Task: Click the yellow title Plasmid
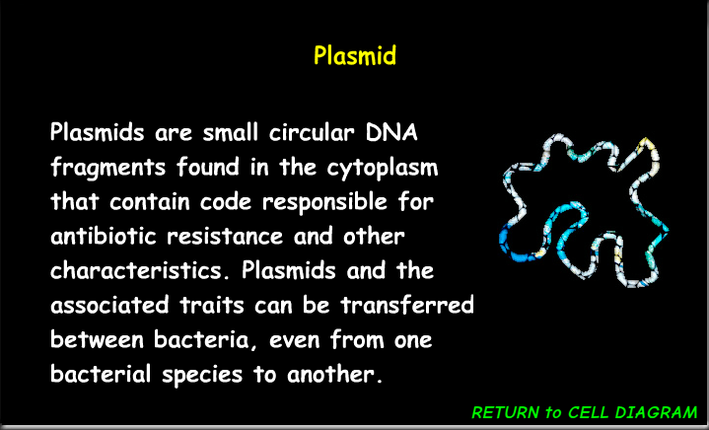355,55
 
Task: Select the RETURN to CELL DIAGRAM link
585,412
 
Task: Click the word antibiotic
108,238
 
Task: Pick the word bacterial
98,376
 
